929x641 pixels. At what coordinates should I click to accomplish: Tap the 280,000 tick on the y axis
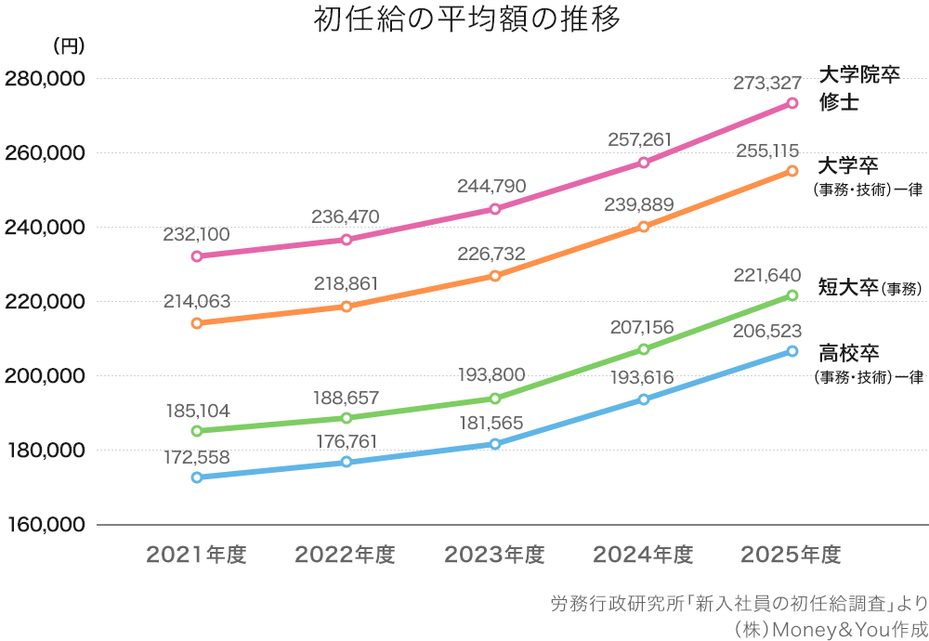click(45, 79)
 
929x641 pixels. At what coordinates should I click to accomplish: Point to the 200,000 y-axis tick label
click(45, 376)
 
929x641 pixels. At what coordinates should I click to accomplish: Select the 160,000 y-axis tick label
click(45, 525)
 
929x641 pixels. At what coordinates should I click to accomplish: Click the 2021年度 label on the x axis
click(196, 556)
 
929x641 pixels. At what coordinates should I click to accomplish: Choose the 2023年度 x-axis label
click(493, 556)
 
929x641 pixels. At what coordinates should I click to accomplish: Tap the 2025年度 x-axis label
click(791, 556)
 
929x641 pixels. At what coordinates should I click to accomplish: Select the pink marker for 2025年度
click(792, 103)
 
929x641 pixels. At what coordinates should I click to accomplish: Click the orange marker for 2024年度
click(644, 227)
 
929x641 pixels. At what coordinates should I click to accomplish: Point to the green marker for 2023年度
click(495, 399)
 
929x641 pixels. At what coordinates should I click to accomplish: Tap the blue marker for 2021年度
click(197, 477)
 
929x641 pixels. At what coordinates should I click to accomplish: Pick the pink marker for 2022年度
click(346, 240)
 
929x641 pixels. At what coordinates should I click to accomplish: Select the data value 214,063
click(196, 301)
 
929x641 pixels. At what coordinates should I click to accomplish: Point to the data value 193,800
click(491, 375)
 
